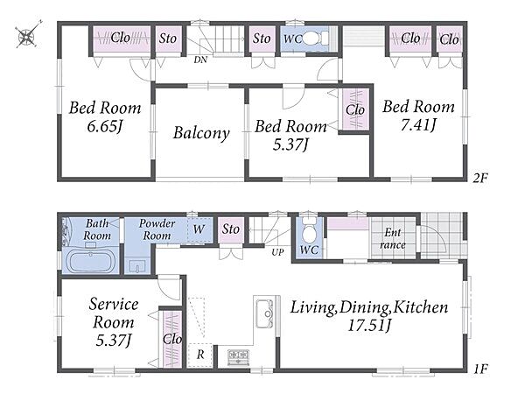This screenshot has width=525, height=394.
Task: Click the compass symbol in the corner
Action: [x=27, y=35]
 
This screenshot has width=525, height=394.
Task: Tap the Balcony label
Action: [x=201, y=133]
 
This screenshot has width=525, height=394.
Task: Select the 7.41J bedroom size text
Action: [x=418, y=125]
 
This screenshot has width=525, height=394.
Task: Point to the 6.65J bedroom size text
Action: [x=105, y=126]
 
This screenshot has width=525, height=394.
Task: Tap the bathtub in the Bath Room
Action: [x=91, y=261]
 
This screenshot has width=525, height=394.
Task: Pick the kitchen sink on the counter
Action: [x=265, y=313]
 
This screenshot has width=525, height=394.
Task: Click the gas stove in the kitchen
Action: [x=238, y=357]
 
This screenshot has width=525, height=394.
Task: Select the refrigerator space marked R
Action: [x=199, y=355]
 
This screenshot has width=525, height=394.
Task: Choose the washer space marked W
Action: [x=199, y=229]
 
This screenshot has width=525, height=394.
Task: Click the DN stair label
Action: [x=200, y=60]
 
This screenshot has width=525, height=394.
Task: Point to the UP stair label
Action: [x=277, y=252]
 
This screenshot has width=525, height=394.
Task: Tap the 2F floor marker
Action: [x=480, y=178]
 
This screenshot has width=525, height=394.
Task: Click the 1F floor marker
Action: [x=480, y=369]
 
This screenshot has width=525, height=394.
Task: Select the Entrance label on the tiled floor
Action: [x=393, y=238]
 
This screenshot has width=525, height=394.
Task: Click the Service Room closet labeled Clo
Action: [x=172, y=339]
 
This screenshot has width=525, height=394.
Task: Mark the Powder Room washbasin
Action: [x=137, y=266]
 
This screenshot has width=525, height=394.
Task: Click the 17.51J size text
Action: [x=369, y=326]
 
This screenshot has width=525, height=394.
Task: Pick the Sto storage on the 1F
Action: [x=231, y=229]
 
